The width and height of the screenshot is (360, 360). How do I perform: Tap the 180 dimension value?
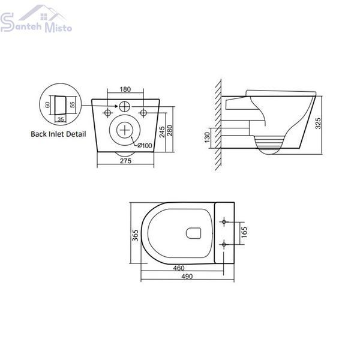tap(125, 89)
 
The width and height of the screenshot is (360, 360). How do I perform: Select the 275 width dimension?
tap(125, 161)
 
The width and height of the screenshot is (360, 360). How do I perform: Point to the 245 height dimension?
tap(163, 132)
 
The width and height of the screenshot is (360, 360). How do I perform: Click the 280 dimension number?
tap(170, 130)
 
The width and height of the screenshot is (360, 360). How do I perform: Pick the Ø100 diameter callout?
tap(145, 145)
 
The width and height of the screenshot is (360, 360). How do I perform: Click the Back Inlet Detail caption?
tap(58, 134)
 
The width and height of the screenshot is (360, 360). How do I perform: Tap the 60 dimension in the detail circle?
tap(47, 105)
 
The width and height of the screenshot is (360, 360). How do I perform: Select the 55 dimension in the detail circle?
tap(73, 104)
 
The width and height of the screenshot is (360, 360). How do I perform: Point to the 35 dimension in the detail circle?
tap(61, 119)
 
